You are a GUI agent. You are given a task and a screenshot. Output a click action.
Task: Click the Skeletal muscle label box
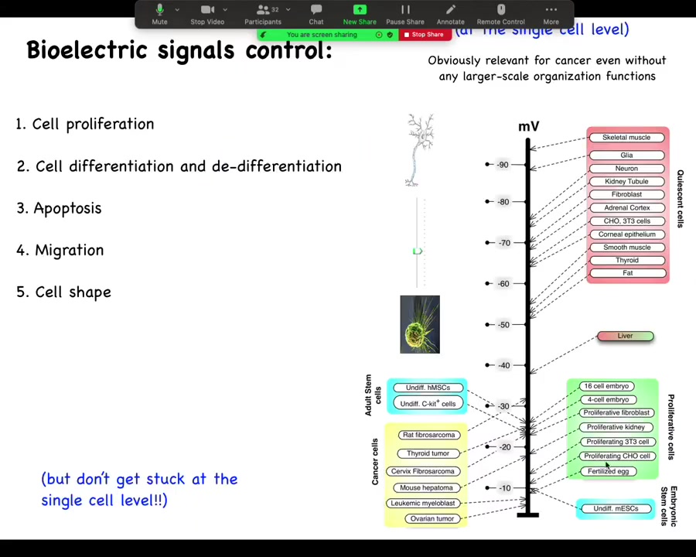tap(626, 138)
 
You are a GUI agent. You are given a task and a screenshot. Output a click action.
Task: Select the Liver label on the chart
tap(626, 336)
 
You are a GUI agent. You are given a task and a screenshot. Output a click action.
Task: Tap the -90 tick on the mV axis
tap(503, 165)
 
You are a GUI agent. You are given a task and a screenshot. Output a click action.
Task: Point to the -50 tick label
tap(503, 325)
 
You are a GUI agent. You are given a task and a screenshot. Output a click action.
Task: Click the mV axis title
tap(528, 127)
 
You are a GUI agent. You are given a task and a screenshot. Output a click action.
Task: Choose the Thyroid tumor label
tap(428, 453)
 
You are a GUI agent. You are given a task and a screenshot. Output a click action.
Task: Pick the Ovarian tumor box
tap(432, 518)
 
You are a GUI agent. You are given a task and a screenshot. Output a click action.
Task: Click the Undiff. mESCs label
tap(616, 508)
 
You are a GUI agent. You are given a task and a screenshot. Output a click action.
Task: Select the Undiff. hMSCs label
tap(428, 388)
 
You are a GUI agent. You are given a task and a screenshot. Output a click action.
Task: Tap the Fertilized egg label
tap(609, 471)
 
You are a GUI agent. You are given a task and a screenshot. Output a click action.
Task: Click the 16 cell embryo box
tap(607, 386)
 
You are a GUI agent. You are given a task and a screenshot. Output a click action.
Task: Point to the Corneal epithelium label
tap(626, 234)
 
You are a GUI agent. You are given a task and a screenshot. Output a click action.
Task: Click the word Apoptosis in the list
tap(67, 208)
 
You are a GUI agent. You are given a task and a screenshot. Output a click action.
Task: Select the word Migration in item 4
tap(69, 250)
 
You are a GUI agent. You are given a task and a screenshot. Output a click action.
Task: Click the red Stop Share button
tap(425, 35)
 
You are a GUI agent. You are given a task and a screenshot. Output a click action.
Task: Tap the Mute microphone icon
tap(159, 10)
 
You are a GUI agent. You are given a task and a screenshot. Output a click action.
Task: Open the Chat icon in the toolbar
tap(316, 10)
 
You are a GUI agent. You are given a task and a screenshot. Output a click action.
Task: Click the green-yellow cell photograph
tap(420, 324)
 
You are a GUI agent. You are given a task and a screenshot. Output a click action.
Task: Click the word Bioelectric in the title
tap(87, 50)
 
